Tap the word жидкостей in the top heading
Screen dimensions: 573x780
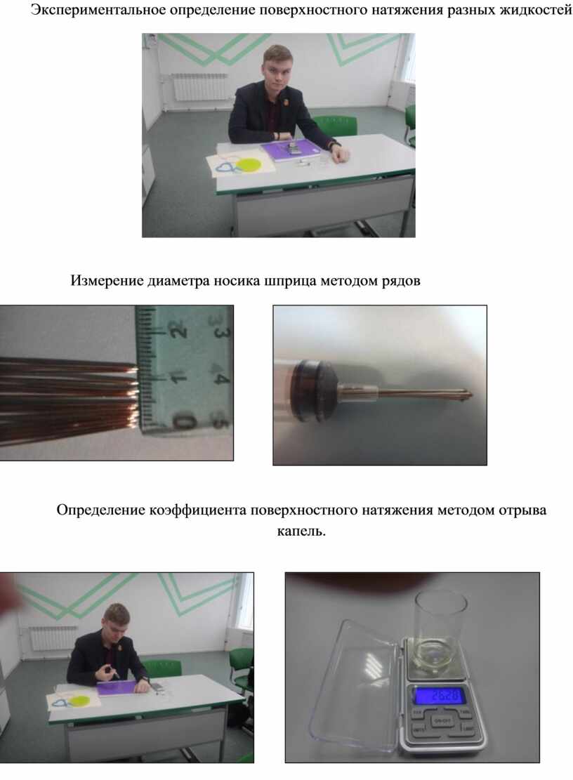(x=535, y=9)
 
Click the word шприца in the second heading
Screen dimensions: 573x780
(x=289, y=281)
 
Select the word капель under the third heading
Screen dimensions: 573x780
(x=301, y=531)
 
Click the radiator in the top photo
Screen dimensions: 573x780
(x=199, y=87)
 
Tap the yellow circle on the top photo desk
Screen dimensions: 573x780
(x=248, y=165)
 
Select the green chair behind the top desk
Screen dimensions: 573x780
(x=334, y=126)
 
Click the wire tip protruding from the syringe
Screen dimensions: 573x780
(x=470, y=395)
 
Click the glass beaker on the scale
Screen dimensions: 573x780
(x=440, y=632)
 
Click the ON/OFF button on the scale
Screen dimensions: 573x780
(x=441, y=720)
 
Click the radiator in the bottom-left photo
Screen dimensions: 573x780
(x=53, y=637)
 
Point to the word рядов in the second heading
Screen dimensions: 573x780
(x=401, y=281)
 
